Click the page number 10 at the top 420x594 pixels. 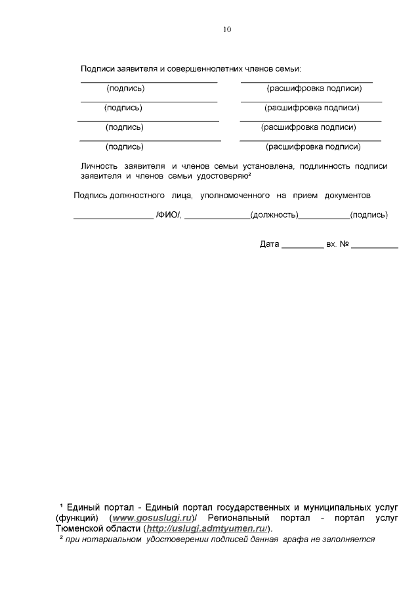pyautogui.click(x=227, y=30)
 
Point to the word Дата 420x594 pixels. pyautogui.click(x=270, y=244)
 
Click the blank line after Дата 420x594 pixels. pyautogui.click(x=302, y=247)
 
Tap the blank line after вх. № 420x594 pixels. pyautogui.click(x=374, y=247)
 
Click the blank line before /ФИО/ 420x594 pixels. pyautogui.click(x=112, y=217)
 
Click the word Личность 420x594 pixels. pyautogui.click(x=98, y=167)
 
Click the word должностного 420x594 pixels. pyautogui.click(x=143, y=196)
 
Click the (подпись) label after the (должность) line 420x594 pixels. pyautogui.click(x=369, y=215)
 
